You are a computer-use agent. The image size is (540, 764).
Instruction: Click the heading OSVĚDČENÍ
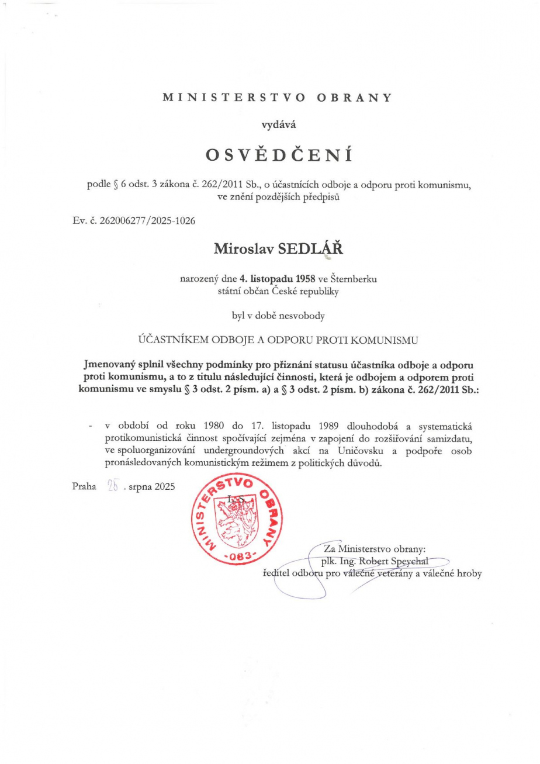tap(278, 155)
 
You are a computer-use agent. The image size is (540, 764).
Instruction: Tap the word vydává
tap(278, 123)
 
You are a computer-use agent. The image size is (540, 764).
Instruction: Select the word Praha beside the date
tap(84, 486)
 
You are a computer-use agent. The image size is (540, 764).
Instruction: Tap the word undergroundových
tap(256, 451)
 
